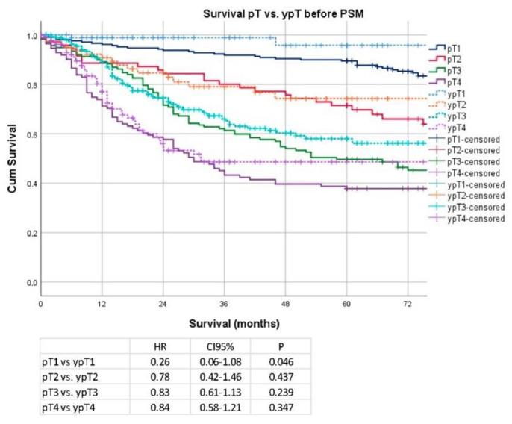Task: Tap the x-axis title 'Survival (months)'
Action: [234, 324]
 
